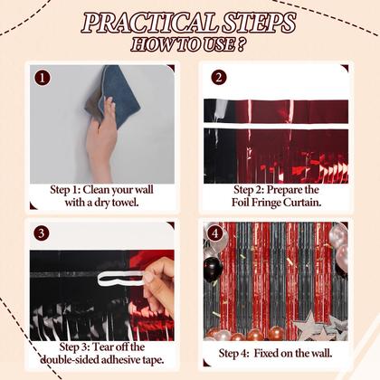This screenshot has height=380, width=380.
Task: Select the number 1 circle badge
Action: click(x=43, y=78)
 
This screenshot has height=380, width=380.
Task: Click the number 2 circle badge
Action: click(x=217, y=78)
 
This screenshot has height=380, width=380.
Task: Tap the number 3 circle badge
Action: click(x=43, y=234)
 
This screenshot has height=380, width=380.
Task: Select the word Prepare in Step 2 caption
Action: click(x=290, y=190)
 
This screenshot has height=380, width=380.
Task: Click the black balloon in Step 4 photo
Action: click(x=212, y=269)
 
